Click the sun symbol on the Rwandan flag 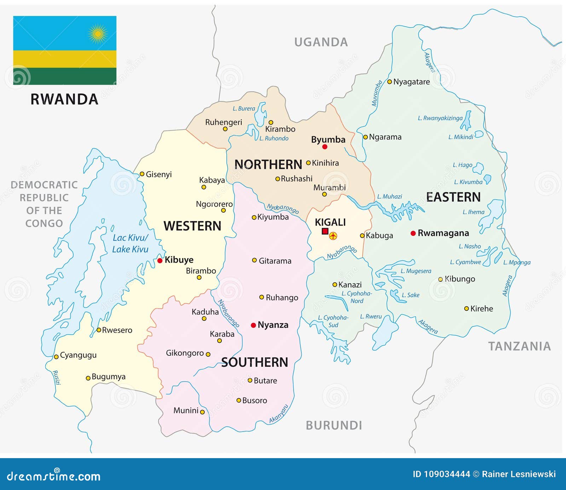[98, 34]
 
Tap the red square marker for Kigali [325, 231]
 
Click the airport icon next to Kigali [333, 235]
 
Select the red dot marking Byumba [325, 147]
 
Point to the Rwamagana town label [443, 233]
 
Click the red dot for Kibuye [160, 261]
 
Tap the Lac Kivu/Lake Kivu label [130, 244]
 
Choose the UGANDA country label [321, 42]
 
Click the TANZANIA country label [519, 346]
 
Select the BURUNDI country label [334, 425]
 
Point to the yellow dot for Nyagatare [389, 82]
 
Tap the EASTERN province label [453, 197]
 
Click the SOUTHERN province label [255, 362]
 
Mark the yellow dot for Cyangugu [56, 357]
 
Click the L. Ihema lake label [473, 212]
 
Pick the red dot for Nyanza [253, 325]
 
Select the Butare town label [265, 381]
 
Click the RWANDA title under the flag [64, 99]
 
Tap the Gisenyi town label [158, 174]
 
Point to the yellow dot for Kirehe [466, 309]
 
